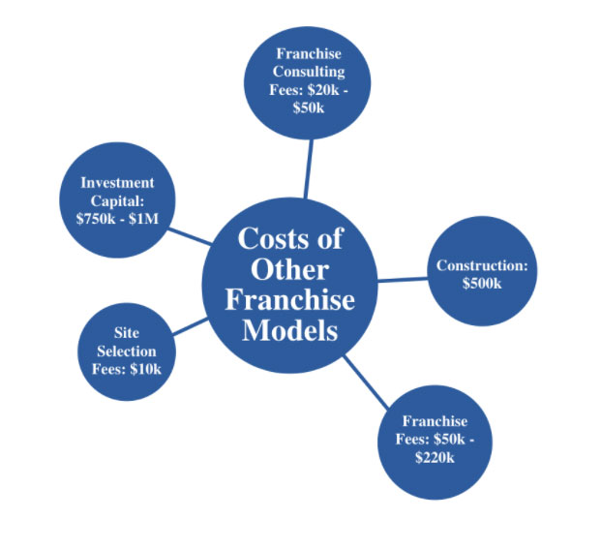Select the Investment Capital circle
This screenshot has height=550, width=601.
click(117, 201)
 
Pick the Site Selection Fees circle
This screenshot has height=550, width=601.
click(126, 352)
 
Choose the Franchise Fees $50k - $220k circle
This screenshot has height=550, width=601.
click(435, 441)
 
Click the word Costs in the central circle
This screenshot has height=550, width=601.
click(290, 237)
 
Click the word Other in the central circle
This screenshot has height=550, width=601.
click(290, 268)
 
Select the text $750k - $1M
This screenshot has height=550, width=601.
click(117, 219)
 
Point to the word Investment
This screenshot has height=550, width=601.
click(117, 183)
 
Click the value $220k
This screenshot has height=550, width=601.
click(435, 457)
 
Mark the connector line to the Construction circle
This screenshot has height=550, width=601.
click(402, 279)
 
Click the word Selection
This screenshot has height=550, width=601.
click(127, 351)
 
